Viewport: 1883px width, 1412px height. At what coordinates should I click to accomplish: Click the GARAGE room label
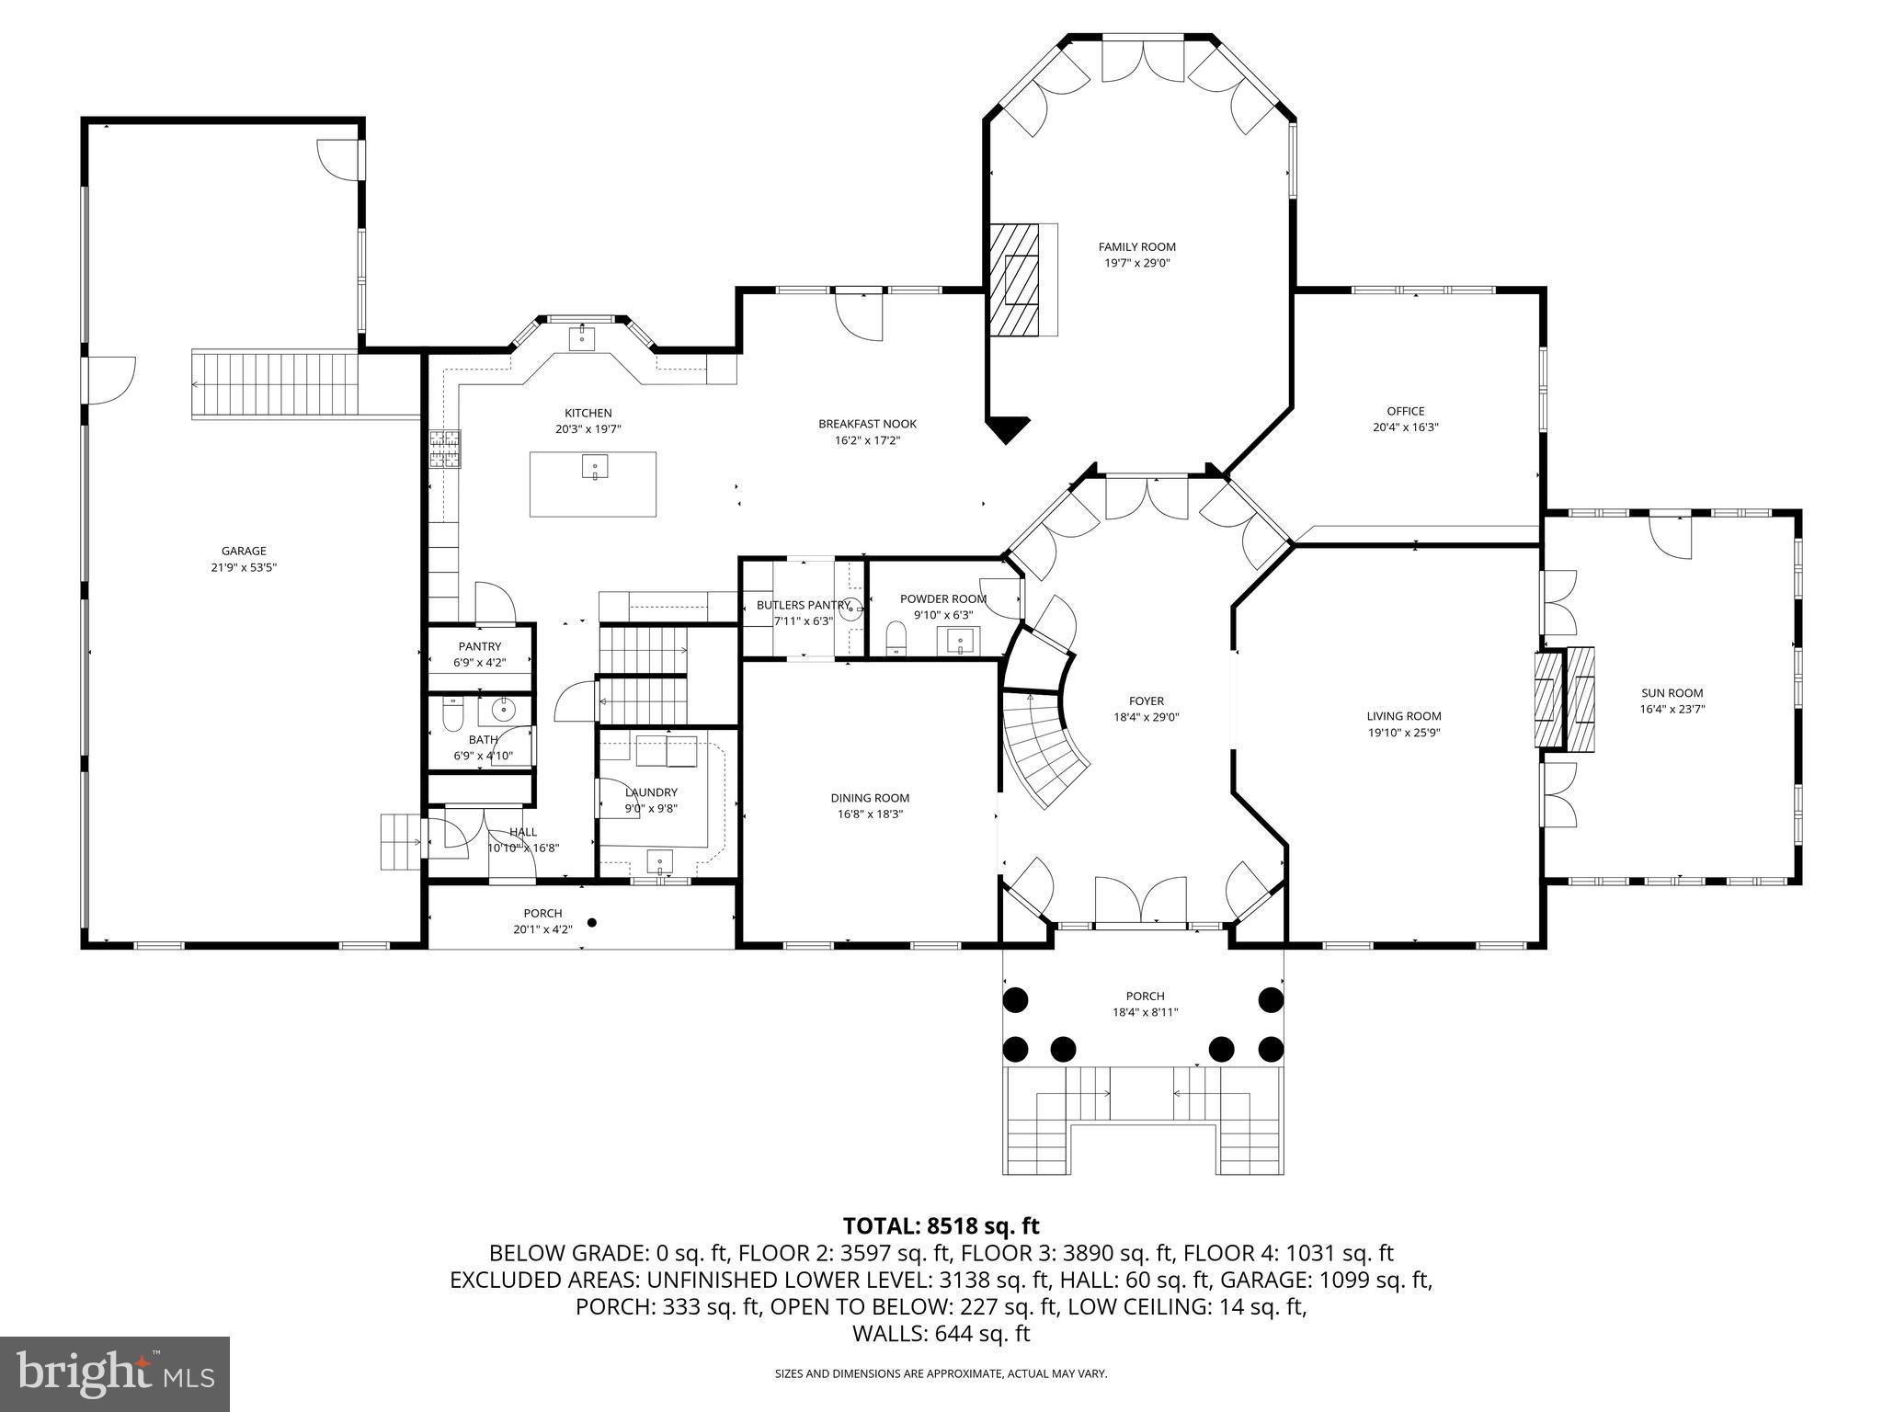tap(244, 552)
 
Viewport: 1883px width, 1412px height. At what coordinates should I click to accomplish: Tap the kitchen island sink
tap(594, 467)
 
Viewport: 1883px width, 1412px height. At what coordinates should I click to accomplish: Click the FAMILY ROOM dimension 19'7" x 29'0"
tap(1136, 263)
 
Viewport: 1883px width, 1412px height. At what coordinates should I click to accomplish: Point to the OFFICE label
tap(1405, 411)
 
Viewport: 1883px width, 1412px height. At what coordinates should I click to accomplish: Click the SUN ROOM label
tap(1672, 693)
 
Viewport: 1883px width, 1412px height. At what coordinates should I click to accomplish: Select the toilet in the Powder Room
tap(896, 638)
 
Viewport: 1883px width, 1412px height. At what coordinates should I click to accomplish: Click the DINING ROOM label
tap(870, 798)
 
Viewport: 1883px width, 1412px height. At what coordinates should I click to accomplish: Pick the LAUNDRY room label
tap(651, 792)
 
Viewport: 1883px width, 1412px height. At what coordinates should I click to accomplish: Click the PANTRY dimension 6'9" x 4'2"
tap(480, 662)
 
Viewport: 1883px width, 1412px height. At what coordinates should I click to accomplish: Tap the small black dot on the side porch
tap(592, 922)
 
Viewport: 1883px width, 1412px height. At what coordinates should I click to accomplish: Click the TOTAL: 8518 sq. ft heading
tap(941, 1225)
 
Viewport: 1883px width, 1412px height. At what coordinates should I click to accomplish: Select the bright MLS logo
tap(115, 1373)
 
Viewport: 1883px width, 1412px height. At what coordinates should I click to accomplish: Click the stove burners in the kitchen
tap(445, 450)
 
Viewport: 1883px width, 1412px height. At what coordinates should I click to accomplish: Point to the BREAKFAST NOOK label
tap(867, 424)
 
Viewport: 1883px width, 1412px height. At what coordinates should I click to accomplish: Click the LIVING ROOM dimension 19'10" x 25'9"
tap(1403, 733)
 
